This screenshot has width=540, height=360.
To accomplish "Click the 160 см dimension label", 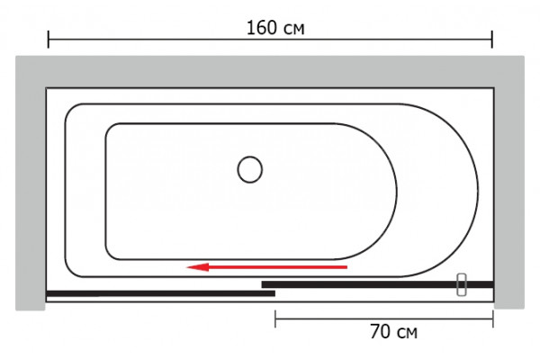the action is pos(275,28).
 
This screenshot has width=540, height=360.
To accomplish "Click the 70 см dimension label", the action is pos(393,331).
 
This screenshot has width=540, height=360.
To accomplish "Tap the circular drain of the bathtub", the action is pos(249,169).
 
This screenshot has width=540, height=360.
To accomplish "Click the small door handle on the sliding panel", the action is pos(462,284).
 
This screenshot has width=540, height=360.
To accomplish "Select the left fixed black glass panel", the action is pos(160,293).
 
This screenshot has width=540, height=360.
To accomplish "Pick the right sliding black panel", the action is pos(378,284).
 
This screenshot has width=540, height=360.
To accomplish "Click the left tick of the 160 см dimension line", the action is pos(49,40).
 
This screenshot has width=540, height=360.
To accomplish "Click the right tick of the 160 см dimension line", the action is pos(492,40).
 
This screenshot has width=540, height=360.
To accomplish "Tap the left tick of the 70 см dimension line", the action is pos(275,319).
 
